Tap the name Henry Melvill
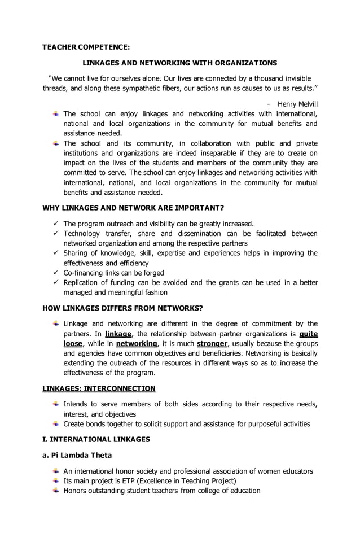(x=297, y=104)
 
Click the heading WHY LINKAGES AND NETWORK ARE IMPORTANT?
(x=133, y=208)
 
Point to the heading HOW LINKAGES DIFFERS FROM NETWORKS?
(x=122, y=308)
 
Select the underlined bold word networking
(x=137, y=343)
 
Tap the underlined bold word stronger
(x=212, y=343)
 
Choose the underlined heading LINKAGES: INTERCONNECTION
(x=99, y=388)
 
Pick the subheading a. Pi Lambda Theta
(x=77, y=455)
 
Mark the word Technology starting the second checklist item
(x=82, y=233)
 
